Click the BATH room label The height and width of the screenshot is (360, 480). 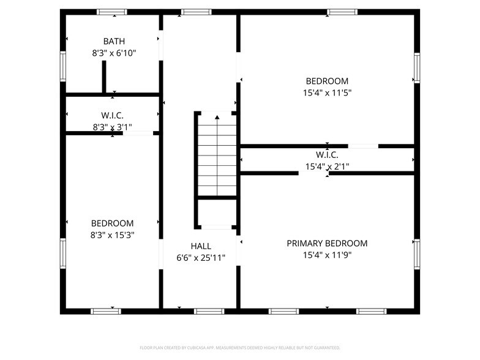click(x=113, y=42)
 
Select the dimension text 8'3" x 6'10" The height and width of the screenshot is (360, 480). click(x=113, y=53)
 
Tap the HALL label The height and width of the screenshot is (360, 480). click(x=201, y=246)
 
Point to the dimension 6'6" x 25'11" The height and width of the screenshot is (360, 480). click(x=201, y=258)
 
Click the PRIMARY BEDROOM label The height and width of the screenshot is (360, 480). click(x=327, y=243)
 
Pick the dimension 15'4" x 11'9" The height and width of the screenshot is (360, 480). click(x=327, y=255)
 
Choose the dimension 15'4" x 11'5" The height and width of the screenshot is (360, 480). click(x=327, y=93)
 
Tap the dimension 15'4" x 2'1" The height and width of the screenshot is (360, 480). click(x=327, y=166)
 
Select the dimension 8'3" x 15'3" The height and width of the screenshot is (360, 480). click(x=113, y=234)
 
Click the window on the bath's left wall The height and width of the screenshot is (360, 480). click(x=62, y=66)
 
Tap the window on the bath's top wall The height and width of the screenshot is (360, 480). click(x=112, y=12)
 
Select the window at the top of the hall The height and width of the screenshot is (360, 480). click(x=197, y=12)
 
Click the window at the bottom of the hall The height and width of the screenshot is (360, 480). click(x=209, y=311)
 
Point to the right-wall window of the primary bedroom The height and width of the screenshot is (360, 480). click(x=417, y=254)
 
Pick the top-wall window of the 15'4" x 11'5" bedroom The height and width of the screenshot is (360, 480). click(x=342, y=12)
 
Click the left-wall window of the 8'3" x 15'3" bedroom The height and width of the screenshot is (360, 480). click(x=62, y=253)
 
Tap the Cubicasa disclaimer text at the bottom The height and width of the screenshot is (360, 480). click(x=239, y=347)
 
